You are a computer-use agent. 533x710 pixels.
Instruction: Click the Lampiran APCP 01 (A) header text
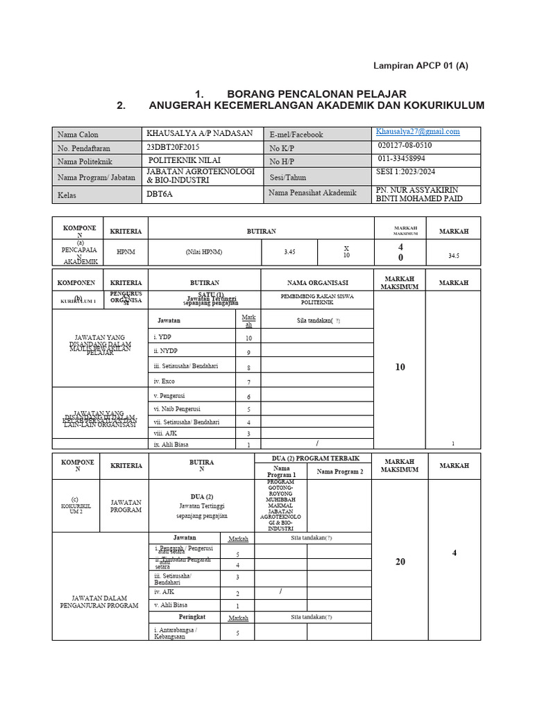click(x=421, y=66)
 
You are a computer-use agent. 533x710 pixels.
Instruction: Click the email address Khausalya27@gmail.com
click(x=418, y=131)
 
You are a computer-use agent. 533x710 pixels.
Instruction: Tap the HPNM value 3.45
click(x=289, y=252)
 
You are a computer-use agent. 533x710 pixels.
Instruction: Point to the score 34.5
click(x=454, y=255)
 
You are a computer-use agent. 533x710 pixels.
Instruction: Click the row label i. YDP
click(x=163, y=337)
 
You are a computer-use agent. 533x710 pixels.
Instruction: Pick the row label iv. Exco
click(x=165, y=381)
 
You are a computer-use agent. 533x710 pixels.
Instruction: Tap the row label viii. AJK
click(x=167, y=433)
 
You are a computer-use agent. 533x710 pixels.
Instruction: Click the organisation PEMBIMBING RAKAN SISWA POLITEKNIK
click(x=317, y=299)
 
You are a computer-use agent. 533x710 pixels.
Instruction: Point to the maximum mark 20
click(x=400, y=562)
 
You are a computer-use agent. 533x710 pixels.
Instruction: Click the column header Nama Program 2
click(x=340, y=471)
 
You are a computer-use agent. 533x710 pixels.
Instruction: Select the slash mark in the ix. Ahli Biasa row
click(x=316, y=444)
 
